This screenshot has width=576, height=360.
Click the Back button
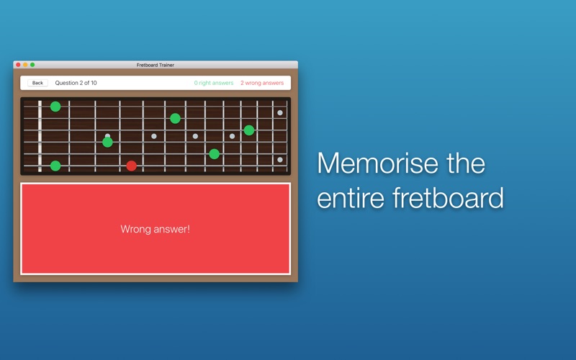[37, 83]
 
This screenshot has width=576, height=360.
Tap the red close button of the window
[18, 65]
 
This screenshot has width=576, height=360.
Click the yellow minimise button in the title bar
[25, 65]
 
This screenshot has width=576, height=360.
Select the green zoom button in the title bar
[32, 65]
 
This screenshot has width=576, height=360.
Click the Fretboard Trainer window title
[156, 65]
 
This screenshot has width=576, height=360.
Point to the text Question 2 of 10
[76, 83]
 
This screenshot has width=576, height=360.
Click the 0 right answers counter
[214, 83]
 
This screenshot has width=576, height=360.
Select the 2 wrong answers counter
[262, 83]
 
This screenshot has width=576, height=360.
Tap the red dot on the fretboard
[132, 166]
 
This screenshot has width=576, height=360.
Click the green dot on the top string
[55, 107]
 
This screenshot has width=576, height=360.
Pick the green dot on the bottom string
[55, 166]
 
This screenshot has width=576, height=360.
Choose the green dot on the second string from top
[175, 118]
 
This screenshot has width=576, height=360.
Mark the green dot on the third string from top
[249, 130]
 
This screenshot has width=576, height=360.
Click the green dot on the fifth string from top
[214, 154]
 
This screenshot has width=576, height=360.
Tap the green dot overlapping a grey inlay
[107, 142]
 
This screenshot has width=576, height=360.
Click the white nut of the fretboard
[40, 136]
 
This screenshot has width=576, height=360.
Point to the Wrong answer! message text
[156, 229]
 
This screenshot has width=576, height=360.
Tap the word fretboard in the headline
[448, 197]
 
